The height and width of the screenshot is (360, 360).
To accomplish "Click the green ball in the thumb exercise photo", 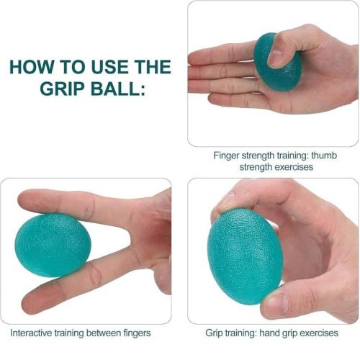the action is [277, 63].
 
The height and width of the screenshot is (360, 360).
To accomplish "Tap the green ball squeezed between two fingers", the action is [53, 245].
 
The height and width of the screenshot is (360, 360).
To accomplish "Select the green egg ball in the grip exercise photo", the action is [246, 256].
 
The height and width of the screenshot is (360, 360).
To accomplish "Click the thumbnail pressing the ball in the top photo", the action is [275, 58].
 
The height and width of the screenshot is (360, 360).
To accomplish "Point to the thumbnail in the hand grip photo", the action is [276, 303].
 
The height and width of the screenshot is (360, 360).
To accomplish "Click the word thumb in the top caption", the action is [324, 156].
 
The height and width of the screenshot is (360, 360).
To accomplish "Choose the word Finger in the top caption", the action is [226, 156].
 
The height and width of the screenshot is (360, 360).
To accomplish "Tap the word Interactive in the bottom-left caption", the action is [31, 333].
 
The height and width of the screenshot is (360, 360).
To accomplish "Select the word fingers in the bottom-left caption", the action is [137, 333].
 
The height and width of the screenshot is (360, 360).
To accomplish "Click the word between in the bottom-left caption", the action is [104, 333].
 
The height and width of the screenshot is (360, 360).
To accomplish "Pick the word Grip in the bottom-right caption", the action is [214, 333].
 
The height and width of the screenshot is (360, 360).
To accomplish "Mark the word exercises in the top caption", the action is [294, 167].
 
